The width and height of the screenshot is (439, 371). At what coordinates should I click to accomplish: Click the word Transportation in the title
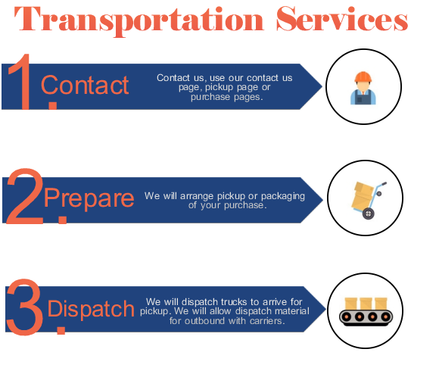139,20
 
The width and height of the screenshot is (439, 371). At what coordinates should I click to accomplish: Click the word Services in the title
342,18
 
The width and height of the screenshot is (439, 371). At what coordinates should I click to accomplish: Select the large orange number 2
25,196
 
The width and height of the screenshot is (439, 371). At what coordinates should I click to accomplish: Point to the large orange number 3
25,307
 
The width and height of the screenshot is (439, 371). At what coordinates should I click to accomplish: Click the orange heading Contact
85,85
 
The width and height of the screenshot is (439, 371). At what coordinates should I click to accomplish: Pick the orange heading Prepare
89,198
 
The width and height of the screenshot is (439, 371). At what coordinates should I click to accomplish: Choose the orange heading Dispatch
91,309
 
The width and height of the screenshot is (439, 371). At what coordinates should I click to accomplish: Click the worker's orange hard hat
363,76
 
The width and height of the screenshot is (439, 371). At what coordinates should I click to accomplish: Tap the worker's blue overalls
363,97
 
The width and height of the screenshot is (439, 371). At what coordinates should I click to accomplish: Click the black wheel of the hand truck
368,214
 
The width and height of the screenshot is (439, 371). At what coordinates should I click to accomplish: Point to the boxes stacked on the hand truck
362,196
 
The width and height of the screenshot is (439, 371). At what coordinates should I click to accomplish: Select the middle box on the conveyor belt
366,304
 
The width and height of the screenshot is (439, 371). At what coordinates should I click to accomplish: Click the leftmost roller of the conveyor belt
347,316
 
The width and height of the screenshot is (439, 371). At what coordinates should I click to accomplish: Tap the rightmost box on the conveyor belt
381,304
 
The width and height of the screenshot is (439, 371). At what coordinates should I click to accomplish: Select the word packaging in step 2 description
283,196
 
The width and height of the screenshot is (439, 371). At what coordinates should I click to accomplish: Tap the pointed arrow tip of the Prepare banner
322,200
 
